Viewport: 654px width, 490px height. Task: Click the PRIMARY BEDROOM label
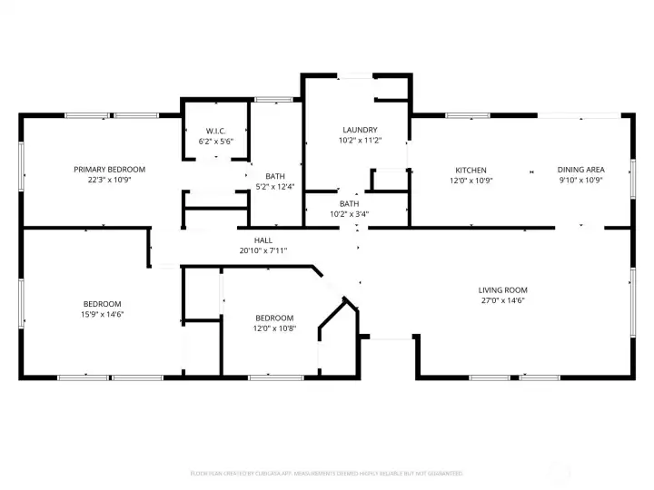coord(109,170)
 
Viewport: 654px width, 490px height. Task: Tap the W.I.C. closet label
coord(216,131)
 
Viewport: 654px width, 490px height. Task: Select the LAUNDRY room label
coord(360,131)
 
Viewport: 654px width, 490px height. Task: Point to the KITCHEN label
coord(471,170)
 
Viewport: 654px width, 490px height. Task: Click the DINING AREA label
coord(580,170)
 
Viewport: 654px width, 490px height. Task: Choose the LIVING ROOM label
coord(502,290)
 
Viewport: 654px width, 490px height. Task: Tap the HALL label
coord(263,240)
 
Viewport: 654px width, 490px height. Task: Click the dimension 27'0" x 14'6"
coord(502,301)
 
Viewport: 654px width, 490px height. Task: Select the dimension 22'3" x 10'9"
coord(109,180)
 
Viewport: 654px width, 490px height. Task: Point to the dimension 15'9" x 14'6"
coord(103,314)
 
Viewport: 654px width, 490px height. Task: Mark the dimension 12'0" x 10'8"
coord(274,328)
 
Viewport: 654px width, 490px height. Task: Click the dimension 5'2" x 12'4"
coord(275,186)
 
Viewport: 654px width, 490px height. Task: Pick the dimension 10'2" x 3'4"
coord(350,214)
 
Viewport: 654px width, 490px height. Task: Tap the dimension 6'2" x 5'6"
coord(216,141)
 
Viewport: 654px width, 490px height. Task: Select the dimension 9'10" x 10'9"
coord(580,180)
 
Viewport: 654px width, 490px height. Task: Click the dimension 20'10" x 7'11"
coord(263,250)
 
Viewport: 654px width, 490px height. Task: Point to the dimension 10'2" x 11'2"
coord(360,141)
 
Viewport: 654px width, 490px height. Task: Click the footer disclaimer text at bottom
coord(326,473)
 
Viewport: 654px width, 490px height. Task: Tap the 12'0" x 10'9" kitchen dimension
coord(471,180)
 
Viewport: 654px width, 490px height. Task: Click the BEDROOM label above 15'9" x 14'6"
coord(103,304)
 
